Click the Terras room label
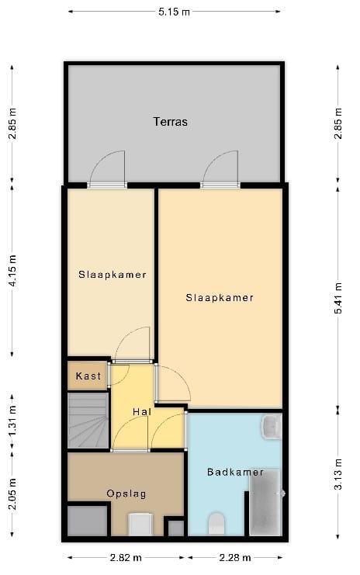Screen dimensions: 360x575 pos(170,121)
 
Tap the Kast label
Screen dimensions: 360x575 pos(88,376)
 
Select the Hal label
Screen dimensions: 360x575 pos(142,412)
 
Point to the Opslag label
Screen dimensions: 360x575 pos(126,494)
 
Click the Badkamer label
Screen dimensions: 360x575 pos(235,472)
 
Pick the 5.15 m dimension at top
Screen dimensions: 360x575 pos(174,12)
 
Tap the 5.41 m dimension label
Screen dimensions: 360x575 pos(337,298)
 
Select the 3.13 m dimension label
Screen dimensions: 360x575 pos(337,474)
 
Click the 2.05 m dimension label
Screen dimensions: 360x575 pos(12,494)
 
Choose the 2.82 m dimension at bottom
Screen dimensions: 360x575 pos(126,558)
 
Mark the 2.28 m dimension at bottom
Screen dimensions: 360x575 pos(235,558)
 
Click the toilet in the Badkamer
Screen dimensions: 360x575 pos(216,524)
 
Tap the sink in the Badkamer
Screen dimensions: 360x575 pos(272,427)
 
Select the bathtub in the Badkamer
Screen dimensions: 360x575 pos(265,502)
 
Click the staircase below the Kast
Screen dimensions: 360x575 pos(88,421)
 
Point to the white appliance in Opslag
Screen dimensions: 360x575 pos(140,525)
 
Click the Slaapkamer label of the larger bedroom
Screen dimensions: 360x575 pos(220,297)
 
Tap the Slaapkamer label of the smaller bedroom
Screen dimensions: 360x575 pos(112,275)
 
